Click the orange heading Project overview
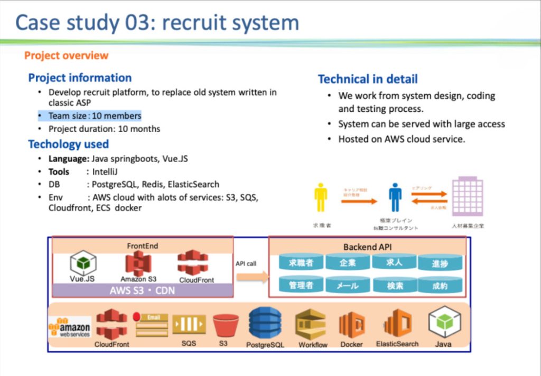coord(66,55)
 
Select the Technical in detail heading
coord(368,79)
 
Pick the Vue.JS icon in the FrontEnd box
coord(83,262)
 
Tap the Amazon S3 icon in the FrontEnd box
coord(138,263)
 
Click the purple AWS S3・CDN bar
coord(142,290)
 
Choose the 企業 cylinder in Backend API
coord(348,262)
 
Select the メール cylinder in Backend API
coord(348,285)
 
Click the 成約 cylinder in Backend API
coord(440,285)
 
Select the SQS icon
coord(189,324)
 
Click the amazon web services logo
coord(69,327)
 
